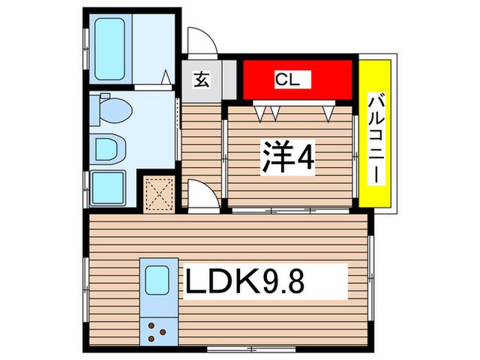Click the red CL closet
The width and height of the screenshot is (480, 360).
(x=298, y=80)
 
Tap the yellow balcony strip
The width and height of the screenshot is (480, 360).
(x=375, y=134)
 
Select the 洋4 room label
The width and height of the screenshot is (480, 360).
(x=287, y=157)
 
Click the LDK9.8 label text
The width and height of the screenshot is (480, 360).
(x=245, y=282)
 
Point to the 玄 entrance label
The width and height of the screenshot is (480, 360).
(x=202, y=80)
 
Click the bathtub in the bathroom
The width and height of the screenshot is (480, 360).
(x=110, y=49)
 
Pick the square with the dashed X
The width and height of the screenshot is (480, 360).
(x=159, y=195)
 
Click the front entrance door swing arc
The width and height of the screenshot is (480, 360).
(x=203, y=40)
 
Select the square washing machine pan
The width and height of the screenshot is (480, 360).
(x=108, y=188)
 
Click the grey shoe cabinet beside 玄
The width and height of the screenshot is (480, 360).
(x=229, y=80)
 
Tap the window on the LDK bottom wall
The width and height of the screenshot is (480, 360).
(x=251, y=348)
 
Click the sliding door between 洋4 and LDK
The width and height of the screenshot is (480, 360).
(x=291, y=211)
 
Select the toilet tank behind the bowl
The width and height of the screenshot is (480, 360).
(x=95, y=110)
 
